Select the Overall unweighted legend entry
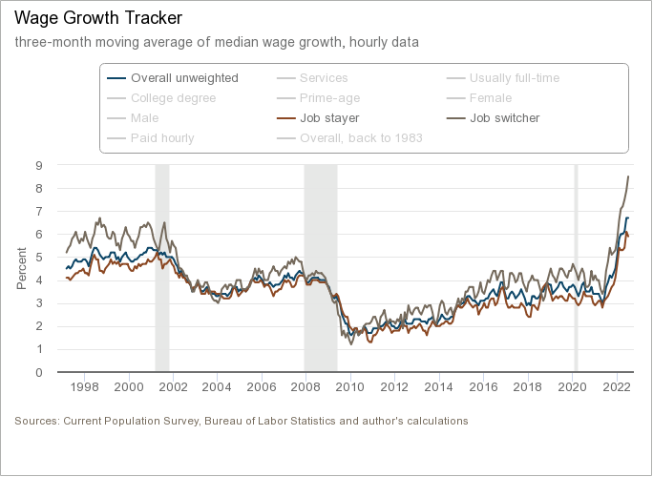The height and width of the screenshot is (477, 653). point(184,78)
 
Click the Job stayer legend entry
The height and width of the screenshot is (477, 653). point(329,118)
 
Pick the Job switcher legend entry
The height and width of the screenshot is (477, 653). point(504,118)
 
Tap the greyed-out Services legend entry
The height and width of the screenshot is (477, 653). point(324,78)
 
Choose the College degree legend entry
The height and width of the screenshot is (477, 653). point(173,98)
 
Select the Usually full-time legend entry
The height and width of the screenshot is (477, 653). point(514,78)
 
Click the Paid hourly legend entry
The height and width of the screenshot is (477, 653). point(162,138)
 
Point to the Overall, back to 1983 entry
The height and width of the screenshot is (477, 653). point(361,138)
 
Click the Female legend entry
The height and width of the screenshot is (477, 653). point(491,98)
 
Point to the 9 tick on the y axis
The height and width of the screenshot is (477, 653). point(39,165)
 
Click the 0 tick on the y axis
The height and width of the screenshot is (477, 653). point(39,372)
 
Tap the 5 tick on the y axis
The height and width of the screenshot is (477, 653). point(39,257)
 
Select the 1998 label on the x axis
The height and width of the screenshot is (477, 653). point(85,387)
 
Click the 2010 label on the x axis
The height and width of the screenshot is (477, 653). point(350,387)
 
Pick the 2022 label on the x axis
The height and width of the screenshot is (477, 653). point(616,387)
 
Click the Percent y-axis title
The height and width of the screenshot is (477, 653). point(22,268)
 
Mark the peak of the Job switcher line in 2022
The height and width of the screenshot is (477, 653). point(628,176)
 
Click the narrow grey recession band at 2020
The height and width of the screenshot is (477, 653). point(575,267)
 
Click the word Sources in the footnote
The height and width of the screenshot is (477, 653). point(36,421)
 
